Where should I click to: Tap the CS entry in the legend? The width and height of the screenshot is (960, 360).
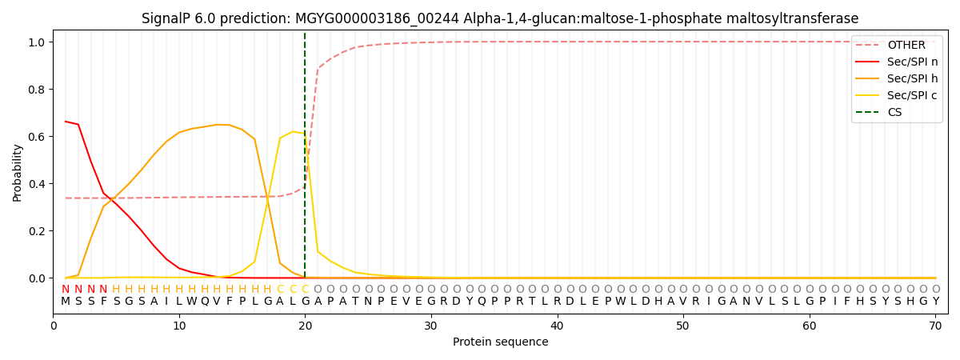tap(894, 113)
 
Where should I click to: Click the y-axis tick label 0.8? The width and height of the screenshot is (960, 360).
tap(37, 90)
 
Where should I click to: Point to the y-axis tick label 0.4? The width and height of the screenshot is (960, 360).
tap(37, 184)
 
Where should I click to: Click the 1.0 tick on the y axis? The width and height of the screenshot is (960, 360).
tap(37, 42)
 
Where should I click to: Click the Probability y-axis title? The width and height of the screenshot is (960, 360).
tap(18, 172)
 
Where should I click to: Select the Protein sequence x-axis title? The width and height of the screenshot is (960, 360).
tap(500, 342)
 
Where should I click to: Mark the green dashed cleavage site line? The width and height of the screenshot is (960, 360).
tap(305, 160)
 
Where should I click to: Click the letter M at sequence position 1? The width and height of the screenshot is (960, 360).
tap(66, 302)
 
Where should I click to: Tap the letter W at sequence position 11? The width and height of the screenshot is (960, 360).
tap(191, 302)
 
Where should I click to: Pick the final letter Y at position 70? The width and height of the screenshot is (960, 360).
tap(935, 302)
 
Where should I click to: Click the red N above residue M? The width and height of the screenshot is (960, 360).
tap(66, 290)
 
